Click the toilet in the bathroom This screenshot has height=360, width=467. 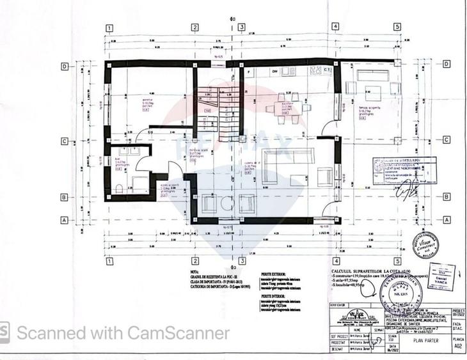click(120, 188)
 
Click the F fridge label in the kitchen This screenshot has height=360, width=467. click(249, 72)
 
